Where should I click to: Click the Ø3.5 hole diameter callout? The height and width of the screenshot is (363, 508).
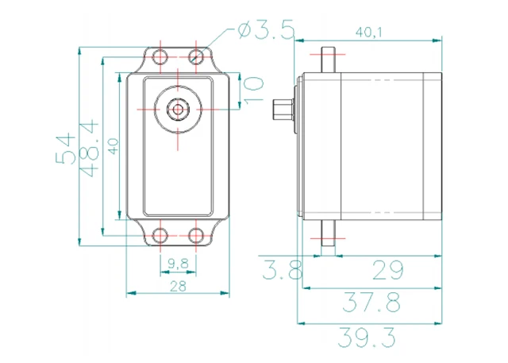(x=267, y=30)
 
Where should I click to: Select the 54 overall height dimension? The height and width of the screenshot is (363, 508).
(x=65, y=148)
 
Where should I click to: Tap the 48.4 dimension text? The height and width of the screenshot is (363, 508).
(x=88, y=148)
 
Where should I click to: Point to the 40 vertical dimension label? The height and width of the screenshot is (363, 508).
(x=113, y=146)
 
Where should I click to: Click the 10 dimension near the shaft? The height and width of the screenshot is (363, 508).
(x=253, y=90)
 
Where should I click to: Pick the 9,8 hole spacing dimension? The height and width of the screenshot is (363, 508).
(x=178, y=264)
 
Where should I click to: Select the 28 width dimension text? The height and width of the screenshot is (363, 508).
(x=178, y=286)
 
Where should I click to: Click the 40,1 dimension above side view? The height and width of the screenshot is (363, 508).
(x=368, y=32)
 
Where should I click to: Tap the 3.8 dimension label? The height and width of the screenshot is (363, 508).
(x=282, y=269)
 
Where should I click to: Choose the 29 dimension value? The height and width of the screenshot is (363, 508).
(x=388, y=269)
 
